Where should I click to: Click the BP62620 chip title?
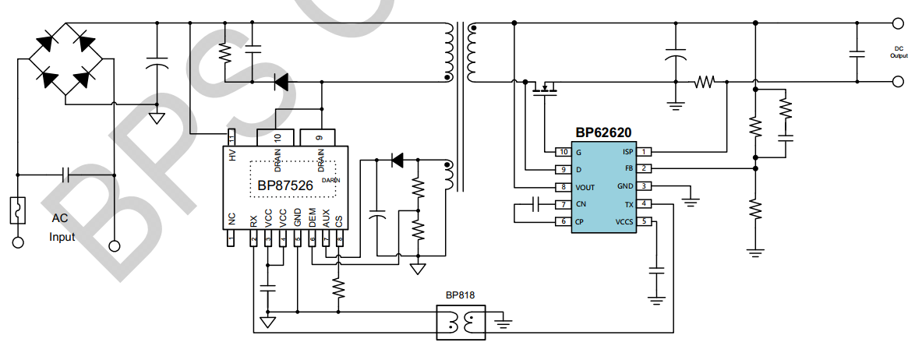[x=603, y=133]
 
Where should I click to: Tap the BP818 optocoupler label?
[x=460, y=295]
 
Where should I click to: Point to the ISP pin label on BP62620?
[x=627, y=152]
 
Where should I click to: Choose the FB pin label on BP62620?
[x=629, y=168]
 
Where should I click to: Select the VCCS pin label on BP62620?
[x=624, y=221]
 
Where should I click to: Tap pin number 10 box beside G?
[x=562, y=151]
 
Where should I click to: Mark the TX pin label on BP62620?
[x=629, y=204]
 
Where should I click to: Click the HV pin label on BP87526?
[x=231, y=155]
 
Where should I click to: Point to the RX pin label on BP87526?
[x=253, y=221]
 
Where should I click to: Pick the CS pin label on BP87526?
[x=339, y=221]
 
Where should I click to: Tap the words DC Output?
[x=899, y=52]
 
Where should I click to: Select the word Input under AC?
[x=62, y=237]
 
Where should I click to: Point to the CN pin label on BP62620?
[x=580, y=204]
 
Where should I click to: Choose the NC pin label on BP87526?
[x=231, y=221]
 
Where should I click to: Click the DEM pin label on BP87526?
[x=312, y=219]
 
